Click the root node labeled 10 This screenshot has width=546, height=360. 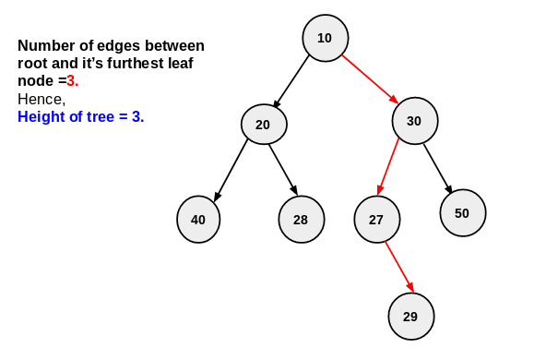pos(325,39)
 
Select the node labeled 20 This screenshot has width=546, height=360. pos(264,125)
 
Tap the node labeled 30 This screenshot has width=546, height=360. pos(414,121)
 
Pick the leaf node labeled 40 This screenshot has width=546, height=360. pos(198,220)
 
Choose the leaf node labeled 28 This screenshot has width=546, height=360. pos(301,220)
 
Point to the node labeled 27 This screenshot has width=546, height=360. pos(376,220)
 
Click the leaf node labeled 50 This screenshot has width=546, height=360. pos(462,213)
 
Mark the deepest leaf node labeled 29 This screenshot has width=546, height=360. pos(410,317)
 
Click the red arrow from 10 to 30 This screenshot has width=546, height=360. pos(369,79)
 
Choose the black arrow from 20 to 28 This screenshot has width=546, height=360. pos(283,170)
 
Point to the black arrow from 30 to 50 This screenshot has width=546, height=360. pos(438,167)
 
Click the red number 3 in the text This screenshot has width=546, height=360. pos(72,81)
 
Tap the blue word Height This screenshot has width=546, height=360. pos(40,117)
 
